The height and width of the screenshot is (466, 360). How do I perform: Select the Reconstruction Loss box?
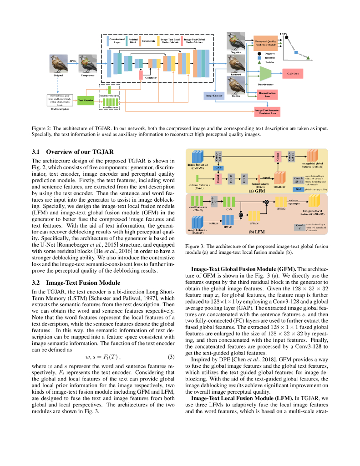[268, 95]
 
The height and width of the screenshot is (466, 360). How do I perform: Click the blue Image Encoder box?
[213, 96]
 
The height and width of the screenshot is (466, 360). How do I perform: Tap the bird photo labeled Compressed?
[87, 64]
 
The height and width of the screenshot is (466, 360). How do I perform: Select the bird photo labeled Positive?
[236, 86]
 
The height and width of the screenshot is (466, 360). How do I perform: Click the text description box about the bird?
[60, 100]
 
